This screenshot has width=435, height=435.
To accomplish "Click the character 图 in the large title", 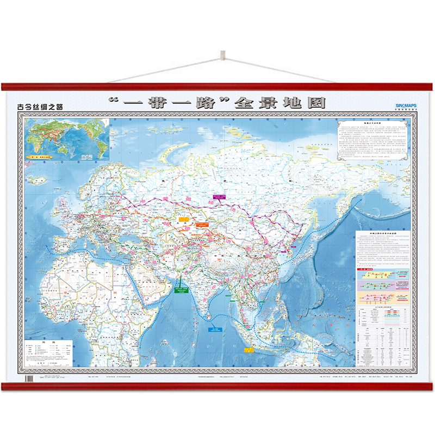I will tap(314, 103).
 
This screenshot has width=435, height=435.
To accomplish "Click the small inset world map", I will tap(67, 139).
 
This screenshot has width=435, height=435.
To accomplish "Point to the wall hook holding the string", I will tap(222, 55).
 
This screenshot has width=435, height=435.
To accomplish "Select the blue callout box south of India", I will tap(216, 328).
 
